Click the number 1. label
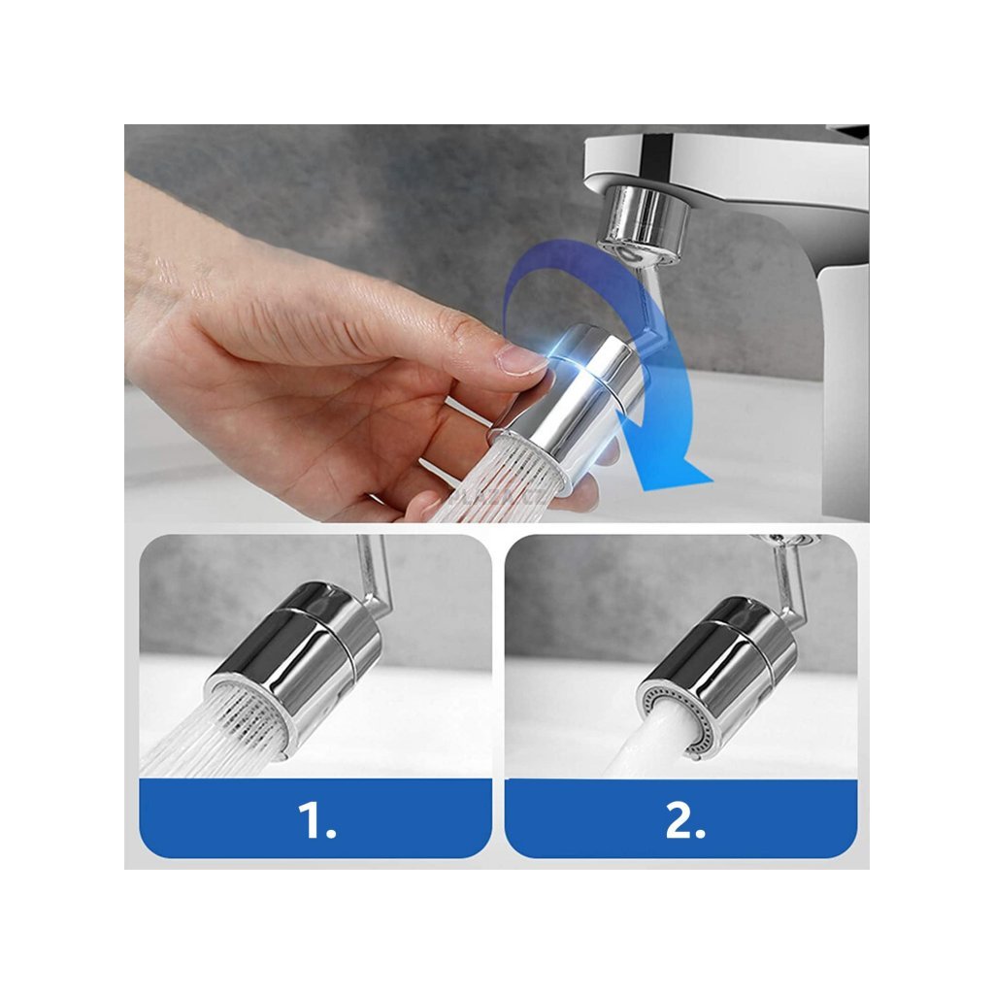click(316, 820)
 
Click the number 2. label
click(684, 820)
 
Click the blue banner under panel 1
click(315, 818)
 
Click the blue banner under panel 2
click(680, 818)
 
